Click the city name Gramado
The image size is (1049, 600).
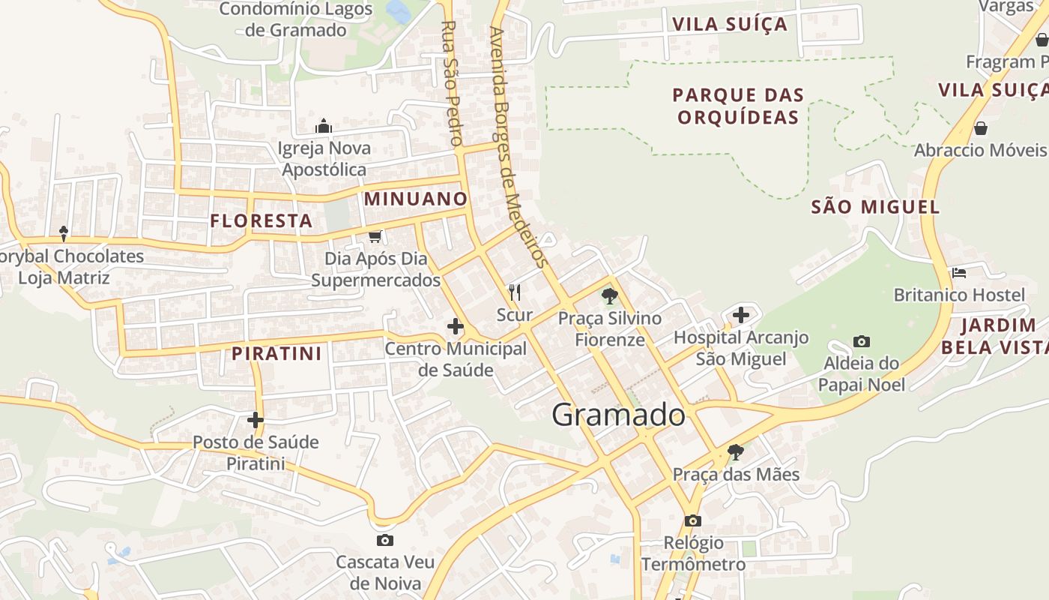pyautogui.click(x=618, y=415)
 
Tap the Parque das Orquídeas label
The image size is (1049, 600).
pyautogui.click(x=738, y=106)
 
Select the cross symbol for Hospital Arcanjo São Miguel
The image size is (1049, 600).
pyautogui.click(x=741, y=315)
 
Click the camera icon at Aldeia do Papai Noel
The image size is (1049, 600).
pyautogui.click(x=862, y=342)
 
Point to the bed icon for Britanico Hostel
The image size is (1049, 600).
pyautogui.click(x=958, y=272)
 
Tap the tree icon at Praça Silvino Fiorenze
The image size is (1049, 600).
pyautogui.click(x=610, y=295)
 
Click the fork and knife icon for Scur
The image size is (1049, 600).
pyautogui.click(x=514, y=292)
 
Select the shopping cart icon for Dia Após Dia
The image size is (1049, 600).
pyautogui.click(x=375, y=236)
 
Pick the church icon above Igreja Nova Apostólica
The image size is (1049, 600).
pyautogui.click(x=324, y=125)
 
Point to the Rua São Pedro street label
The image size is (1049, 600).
pyautogui.click(x=450, y=82)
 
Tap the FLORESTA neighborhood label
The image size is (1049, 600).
pyautogui.click(x=261, y=220)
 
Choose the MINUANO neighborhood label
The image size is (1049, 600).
pyautogui.click(x=416, y=199)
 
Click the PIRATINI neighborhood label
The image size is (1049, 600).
pyautogui.click(x=276, y=353)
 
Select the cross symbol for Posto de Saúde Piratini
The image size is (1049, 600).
pyautogui.click(x=256, y=420)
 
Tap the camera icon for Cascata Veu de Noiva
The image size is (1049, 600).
pyautogui.click(x=384, y=540)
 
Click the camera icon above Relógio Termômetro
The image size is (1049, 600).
pyautogui.click(x=693, y=520)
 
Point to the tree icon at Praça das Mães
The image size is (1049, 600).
pyautogui.click(x=736, y=451)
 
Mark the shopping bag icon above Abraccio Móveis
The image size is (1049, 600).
pyautogui.click(x=980, y=128)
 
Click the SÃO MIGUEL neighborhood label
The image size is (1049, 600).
pyautogui.click(x=875, y=207)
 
